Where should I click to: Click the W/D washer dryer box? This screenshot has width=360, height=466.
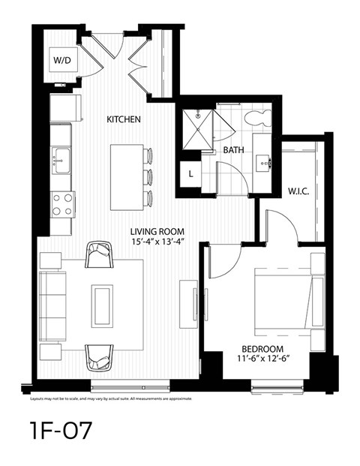pos(61,59)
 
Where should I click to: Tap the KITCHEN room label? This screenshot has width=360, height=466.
pos(123,119)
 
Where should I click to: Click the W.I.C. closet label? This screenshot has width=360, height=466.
pos(298,191)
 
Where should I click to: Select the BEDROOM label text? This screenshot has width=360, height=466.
pos(262,348)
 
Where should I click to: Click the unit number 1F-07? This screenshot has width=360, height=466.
pos(61,433)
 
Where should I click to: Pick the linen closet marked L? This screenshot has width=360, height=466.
pos(191,173)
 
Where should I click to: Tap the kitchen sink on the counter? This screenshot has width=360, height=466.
pos(60,160)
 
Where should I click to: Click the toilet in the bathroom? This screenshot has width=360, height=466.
pos(260,116)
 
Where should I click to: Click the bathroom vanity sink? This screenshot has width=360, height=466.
pos(264,159)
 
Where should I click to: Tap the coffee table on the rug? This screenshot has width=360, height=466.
pos(102,305)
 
